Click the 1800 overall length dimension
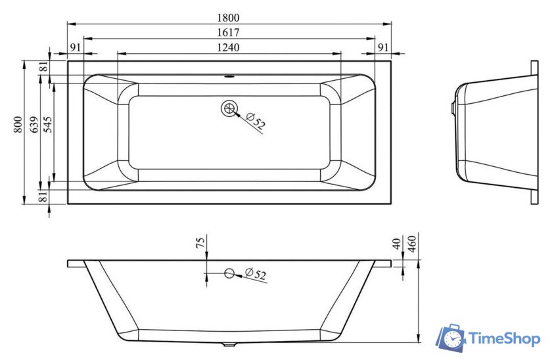228,17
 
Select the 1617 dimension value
228,32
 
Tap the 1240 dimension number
228,47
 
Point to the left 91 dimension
76,47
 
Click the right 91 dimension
382,47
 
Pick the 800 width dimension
18,125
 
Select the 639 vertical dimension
34,125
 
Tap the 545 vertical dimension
47,125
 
